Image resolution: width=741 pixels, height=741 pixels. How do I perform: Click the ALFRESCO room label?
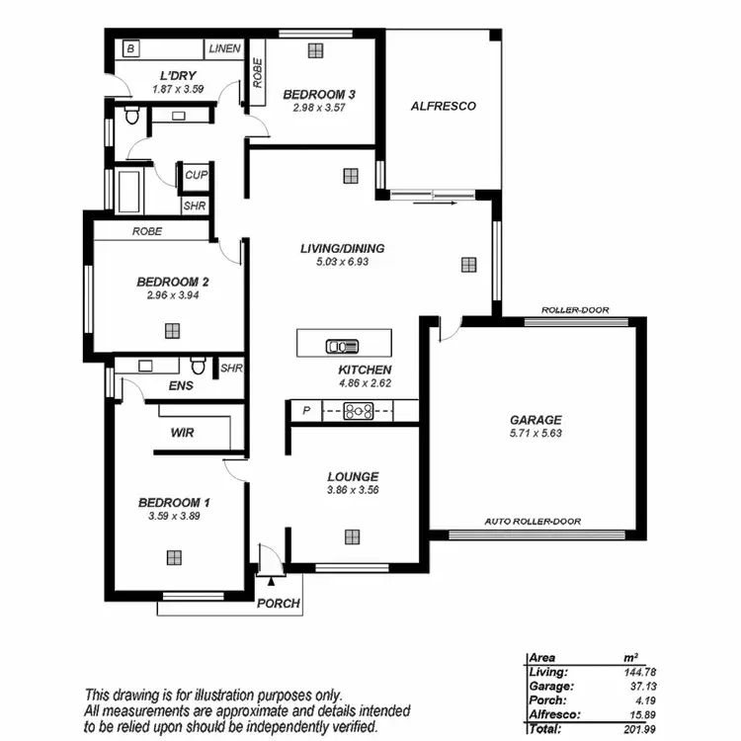443,106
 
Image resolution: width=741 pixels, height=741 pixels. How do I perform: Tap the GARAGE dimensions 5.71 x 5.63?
535,433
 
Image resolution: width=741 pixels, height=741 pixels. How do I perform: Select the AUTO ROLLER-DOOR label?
533,522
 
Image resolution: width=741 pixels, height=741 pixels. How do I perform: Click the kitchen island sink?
343,346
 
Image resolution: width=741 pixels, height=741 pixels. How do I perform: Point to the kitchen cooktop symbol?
357,412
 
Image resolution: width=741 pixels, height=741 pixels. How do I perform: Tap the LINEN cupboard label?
223,48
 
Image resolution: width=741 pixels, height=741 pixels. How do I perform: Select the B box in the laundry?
130,48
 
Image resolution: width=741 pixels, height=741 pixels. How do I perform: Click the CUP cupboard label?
195,175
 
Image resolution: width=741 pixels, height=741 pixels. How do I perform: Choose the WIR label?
182,432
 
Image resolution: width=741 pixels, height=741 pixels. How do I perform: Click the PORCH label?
278,603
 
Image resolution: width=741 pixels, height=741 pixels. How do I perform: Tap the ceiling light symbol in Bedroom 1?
174,556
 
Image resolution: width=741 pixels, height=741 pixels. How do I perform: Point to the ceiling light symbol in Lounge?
352,536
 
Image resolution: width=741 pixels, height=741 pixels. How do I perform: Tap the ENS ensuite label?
181,385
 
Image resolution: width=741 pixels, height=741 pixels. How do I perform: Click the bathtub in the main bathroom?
129,191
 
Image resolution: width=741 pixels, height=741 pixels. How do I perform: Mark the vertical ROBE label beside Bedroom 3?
258,73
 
